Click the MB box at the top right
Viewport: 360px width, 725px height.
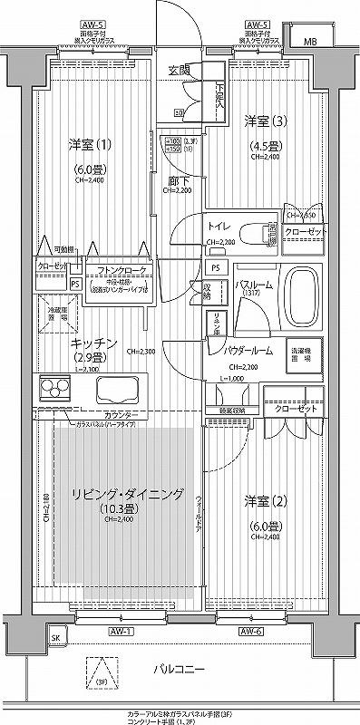pos(309,42)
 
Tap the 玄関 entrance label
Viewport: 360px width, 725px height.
pos(180,70)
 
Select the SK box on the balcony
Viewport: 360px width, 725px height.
pos(55,637)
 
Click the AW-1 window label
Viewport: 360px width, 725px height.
pos(122,631)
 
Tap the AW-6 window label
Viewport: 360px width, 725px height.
pos(251,631)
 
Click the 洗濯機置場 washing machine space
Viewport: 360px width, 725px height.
pos(300,352)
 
